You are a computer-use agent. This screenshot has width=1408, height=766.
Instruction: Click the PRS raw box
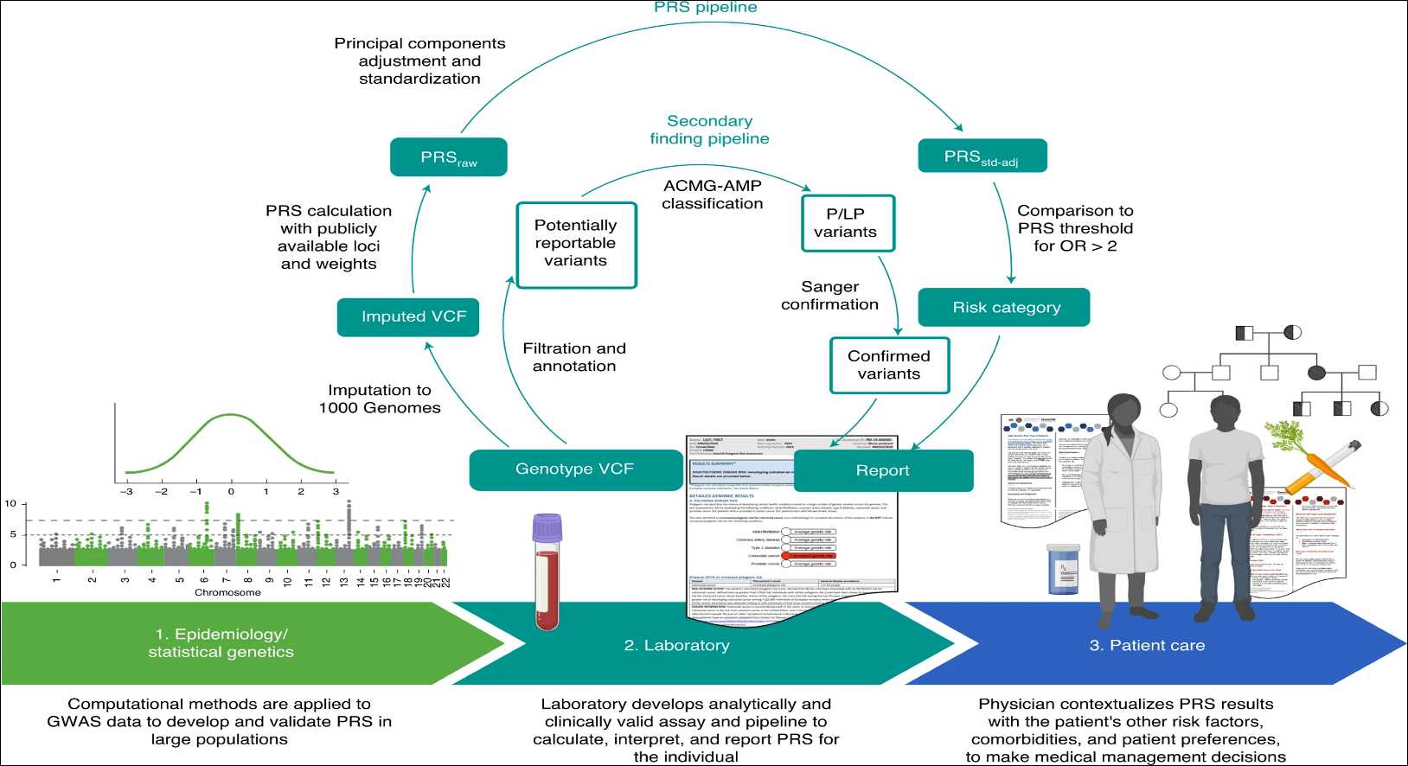tap(448, 157)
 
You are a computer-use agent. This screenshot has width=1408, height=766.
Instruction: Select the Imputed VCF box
tap(408, 316)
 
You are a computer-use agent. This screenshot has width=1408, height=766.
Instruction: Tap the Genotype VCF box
tap(575, 469)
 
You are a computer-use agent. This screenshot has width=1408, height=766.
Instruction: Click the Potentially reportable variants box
tap(576, 245)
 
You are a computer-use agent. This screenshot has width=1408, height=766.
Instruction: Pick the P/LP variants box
tap(847, 223)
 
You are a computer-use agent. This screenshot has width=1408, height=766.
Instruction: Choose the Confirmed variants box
tap(889, 365)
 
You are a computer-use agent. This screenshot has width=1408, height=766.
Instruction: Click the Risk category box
tap(1003, 308)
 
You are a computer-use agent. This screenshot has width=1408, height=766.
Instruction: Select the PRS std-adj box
tap(982, 156)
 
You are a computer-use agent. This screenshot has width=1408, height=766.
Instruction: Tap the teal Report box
tap(883, 470)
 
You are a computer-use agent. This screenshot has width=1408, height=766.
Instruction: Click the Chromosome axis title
tap(227, 592)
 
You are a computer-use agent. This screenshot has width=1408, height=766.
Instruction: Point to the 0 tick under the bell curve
tap(231, 491)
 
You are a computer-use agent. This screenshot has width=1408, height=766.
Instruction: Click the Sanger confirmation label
tap(829, 296)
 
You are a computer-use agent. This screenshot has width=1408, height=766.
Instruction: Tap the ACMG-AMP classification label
tap(713, 195)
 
